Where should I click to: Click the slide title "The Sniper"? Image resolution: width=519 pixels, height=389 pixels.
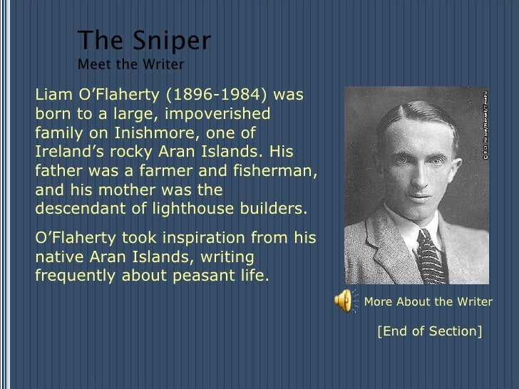tap(143, 41)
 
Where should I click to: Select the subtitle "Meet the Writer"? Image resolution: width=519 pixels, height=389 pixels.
tap(130, 65)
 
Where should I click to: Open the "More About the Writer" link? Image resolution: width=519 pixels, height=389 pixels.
tap(428, 301)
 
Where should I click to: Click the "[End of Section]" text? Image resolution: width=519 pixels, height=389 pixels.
tap(429, 331)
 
